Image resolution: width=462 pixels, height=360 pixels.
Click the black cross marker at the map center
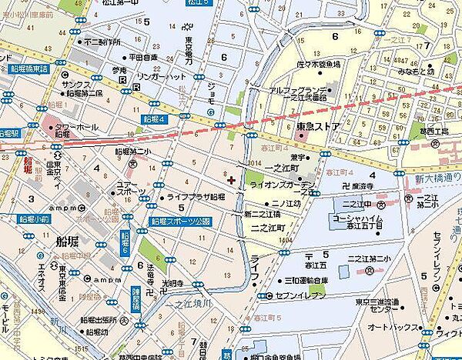point(232,180)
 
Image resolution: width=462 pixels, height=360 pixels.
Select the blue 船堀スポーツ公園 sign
point(180,221)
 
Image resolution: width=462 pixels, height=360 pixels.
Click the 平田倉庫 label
point(144,56)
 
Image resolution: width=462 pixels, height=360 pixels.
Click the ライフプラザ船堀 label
point(196,197)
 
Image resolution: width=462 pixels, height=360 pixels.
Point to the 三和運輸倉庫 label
point(316,281)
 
